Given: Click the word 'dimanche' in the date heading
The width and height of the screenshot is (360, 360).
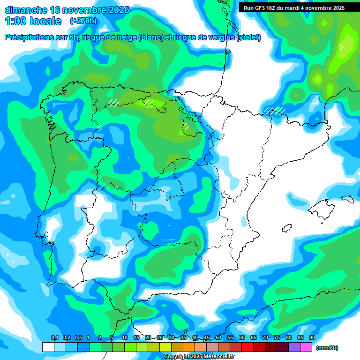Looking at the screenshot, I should [25, 10].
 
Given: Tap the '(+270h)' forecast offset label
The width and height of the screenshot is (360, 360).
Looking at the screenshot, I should [83, 21].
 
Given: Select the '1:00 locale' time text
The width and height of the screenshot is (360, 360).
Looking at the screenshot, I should [33, 21].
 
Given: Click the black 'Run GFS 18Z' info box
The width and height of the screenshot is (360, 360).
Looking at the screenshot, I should [294, 7].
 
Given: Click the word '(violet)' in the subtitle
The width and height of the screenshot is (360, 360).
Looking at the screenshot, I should [249, 37].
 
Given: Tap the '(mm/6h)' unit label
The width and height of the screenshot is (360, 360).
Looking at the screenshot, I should [327, 348].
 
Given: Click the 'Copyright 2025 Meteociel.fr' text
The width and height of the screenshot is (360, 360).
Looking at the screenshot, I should [199, 357].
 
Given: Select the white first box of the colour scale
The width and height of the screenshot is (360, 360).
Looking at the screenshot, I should [48, 347].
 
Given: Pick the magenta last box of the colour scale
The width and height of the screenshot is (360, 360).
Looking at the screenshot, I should [306, 347].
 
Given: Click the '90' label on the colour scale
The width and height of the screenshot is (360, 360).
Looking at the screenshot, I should [312, 338].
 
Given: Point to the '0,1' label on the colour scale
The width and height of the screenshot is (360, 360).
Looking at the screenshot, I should [54, 338].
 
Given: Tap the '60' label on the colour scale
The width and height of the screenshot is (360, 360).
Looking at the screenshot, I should [241, 338].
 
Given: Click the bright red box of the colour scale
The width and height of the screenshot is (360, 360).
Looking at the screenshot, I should [247, 347].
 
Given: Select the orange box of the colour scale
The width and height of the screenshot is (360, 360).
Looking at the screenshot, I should [189, 347].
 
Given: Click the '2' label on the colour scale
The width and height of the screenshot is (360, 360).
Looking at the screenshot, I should [100, 338].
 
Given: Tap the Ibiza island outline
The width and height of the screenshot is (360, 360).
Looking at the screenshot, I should [287, 228].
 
